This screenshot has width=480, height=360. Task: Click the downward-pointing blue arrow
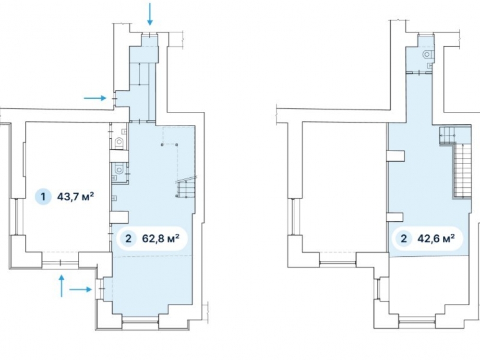tap(150, 14)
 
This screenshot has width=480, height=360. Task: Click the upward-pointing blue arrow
tap(61, 286)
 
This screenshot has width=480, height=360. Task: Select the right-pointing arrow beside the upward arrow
tap(81, 289)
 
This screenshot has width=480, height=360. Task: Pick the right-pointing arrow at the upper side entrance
tap(95, 98)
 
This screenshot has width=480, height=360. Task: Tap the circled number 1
tap(43, 196)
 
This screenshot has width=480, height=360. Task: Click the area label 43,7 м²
tap(75, 196)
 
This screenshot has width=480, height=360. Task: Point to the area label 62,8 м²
tap(160, 238)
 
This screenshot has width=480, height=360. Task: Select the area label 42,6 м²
tap(436, 238)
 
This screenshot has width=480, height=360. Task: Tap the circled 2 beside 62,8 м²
tap(128, 238)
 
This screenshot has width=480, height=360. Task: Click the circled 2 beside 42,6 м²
tap(404, 238)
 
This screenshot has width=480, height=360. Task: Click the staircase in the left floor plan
tap(185, 187)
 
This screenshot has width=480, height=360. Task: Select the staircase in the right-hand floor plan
tap(456, 162)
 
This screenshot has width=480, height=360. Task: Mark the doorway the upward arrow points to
tap(60, 263)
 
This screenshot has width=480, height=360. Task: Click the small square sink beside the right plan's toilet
tap(430, 65)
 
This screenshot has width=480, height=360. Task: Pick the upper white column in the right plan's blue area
tap(396, 156)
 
